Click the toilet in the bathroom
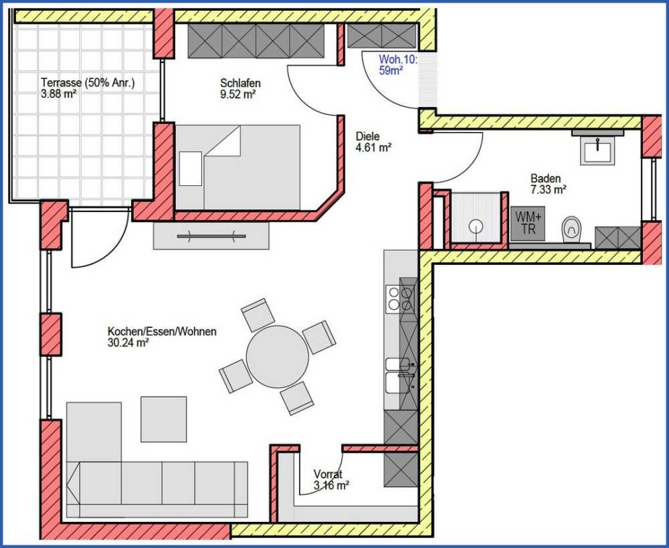[x=571, y=229]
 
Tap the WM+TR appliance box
[x=528, y=223]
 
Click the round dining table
[x=277, y=356]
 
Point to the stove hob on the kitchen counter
[x=400, y=298]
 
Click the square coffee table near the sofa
[x=164, y=419]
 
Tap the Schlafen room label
[x=240, y=83]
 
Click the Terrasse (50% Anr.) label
[x=88, y=83]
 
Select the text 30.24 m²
[x=128, y=342]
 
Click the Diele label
[x=367, y=137]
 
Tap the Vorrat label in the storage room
[x=328, y=473]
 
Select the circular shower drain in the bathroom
[x=476, y=226]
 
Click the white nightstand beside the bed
[x=190, y=169]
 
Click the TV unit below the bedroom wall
[x=211, y=236]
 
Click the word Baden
[x=546, y=178]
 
